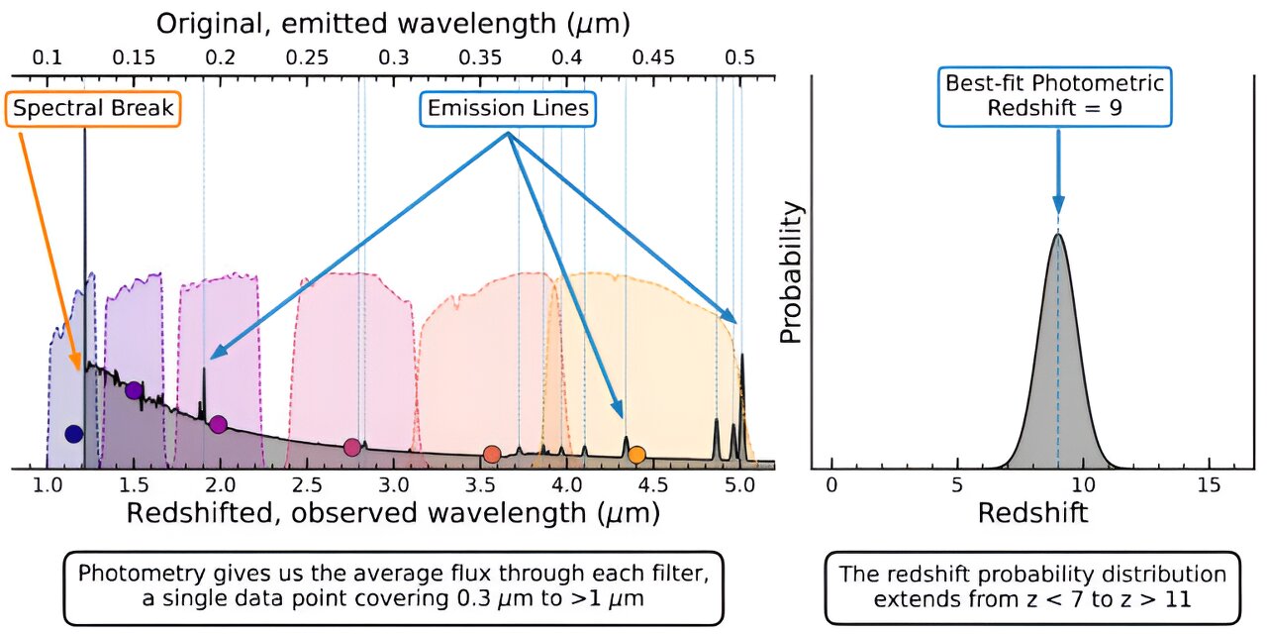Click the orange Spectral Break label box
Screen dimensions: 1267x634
click(x=93, y=109)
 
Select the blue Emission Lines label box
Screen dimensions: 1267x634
click(x=508, y=109)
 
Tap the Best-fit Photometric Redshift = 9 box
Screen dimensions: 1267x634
click(x=1055, y=96)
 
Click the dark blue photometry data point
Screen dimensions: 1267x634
click(x=74, y=434)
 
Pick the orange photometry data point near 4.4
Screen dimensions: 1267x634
click(x=636, y=455)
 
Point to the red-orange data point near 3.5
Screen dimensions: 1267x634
click(x=492, y=454)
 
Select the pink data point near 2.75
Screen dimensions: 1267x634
click(x=351, y=447)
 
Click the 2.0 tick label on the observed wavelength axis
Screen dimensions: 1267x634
click(x=220, y=485)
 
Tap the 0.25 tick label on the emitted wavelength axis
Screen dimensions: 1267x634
click(x=307, y=57)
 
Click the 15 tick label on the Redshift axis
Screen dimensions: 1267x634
click(x=1209, y=485)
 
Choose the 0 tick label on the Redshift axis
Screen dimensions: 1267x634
click(x=831, y=485)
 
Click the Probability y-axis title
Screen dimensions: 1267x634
click(x=791, y=272)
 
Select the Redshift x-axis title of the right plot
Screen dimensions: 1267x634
click(x=1032, y=513)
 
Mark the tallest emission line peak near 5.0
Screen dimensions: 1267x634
click(x=742, y=355)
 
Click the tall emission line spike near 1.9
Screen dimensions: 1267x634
click(x=204, y=368)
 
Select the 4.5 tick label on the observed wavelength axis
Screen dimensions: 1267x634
click(x=653, y=485)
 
